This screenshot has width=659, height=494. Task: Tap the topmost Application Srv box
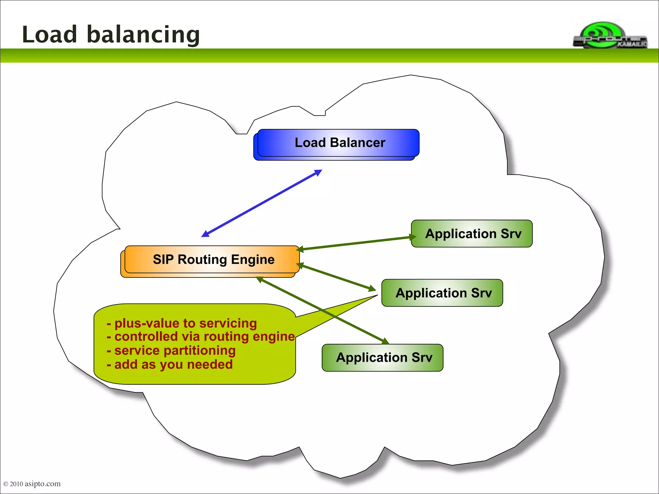(472, 234)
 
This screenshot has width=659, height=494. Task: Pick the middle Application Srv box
(442, 293)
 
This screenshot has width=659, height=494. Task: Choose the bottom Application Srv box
(383, 358)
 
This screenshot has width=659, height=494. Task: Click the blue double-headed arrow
(262, 204)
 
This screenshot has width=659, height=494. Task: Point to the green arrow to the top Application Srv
(354, 243)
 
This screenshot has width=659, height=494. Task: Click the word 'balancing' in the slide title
(143, 35)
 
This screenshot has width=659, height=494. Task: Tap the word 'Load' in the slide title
(50, 35)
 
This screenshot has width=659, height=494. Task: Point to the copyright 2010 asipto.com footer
(32, 484)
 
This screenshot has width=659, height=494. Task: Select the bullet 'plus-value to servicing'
(182, 323)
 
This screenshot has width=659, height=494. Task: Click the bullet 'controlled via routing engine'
(201, 337)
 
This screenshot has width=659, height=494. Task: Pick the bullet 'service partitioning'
(171, 351)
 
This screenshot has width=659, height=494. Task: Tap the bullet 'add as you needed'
(170, 365)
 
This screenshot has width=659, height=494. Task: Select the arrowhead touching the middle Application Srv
(372, 288)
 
